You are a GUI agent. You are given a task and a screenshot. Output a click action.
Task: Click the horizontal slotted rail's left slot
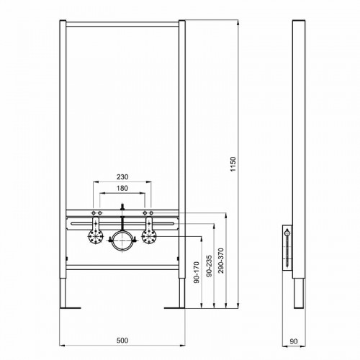85,223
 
